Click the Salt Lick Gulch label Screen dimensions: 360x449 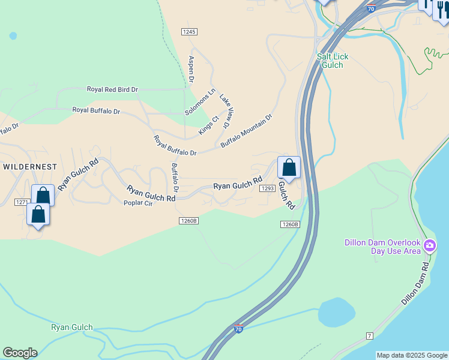pyautogui.click(x=332, y=61)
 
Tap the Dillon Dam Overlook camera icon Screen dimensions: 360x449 pyautogui.click(x=430, y=245)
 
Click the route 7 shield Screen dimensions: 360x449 pyautogui.click(x=369, y=335)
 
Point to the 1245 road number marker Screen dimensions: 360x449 pyautogui.click(x=190, y=31)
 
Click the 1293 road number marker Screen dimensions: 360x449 pyautogui.click(x=267, y=188)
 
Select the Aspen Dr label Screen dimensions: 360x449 pyautogui.click(x=191, y=69)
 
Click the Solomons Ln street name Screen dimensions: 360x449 pyautogui.click(x=200, y=102)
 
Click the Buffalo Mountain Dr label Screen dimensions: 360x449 pyautogui.click(x=246, y=131)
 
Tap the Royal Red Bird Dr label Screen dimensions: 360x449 pyautogui.click(x=112, y=89)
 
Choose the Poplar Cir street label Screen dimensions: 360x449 pyautogui.click(x=138, y=203)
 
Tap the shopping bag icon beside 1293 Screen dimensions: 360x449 pyautogui.click(x=289, y=167)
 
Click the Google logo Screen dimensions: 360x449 pyautogui.click(x=20, y=353)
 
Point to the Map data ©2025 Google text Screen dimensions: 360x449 pyautogui.click(x=412, y=355)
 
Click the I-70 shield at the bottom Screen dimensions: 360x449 pyautogui.click(x=238, y=329)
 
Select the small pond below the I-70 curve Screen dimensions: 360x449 pyautogui.click(x=336, y=311)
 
